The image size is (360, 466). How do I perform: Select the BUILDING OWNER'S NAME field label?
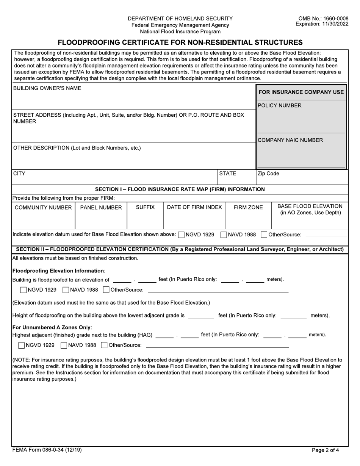[x=47, y=88]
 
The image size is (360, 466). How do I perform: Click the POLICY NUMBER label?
[x=280, y=105]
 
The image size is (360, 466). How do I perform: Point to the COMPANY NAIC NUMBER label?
[x=290, y=140]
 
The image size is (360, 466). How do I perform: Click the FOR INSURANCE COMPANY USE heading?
[x=301, y=92]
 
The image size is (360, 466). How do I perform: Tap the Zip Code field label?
[x=268, y=174]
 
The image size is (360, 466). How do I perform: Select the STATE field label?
[x=228, y=174]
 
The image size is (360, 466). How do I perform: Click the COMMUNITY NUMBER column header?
[x=43, y=208]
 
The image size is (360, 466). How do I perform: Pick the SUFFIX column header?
[x=145, y=208]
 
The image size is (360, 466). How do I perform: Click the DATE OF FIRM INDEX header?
[x=194, y=207]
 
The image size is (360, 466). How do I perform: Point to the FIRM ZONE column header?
[x=248, y=208]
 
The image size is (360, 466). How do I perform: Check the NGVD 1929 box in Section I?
[x=182, y=235]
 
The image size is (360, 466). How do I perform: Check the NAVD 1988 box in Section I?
[x=224, y=235]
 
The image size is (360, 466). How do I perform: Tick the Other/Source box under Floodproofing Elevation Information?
[x=106, y=290]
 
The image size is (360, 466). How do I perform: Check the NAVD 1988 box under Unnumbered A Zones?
[x=64, y=345]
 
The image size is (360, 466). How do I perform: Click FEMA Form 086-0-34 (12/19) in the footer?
[x=47, y=450]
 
